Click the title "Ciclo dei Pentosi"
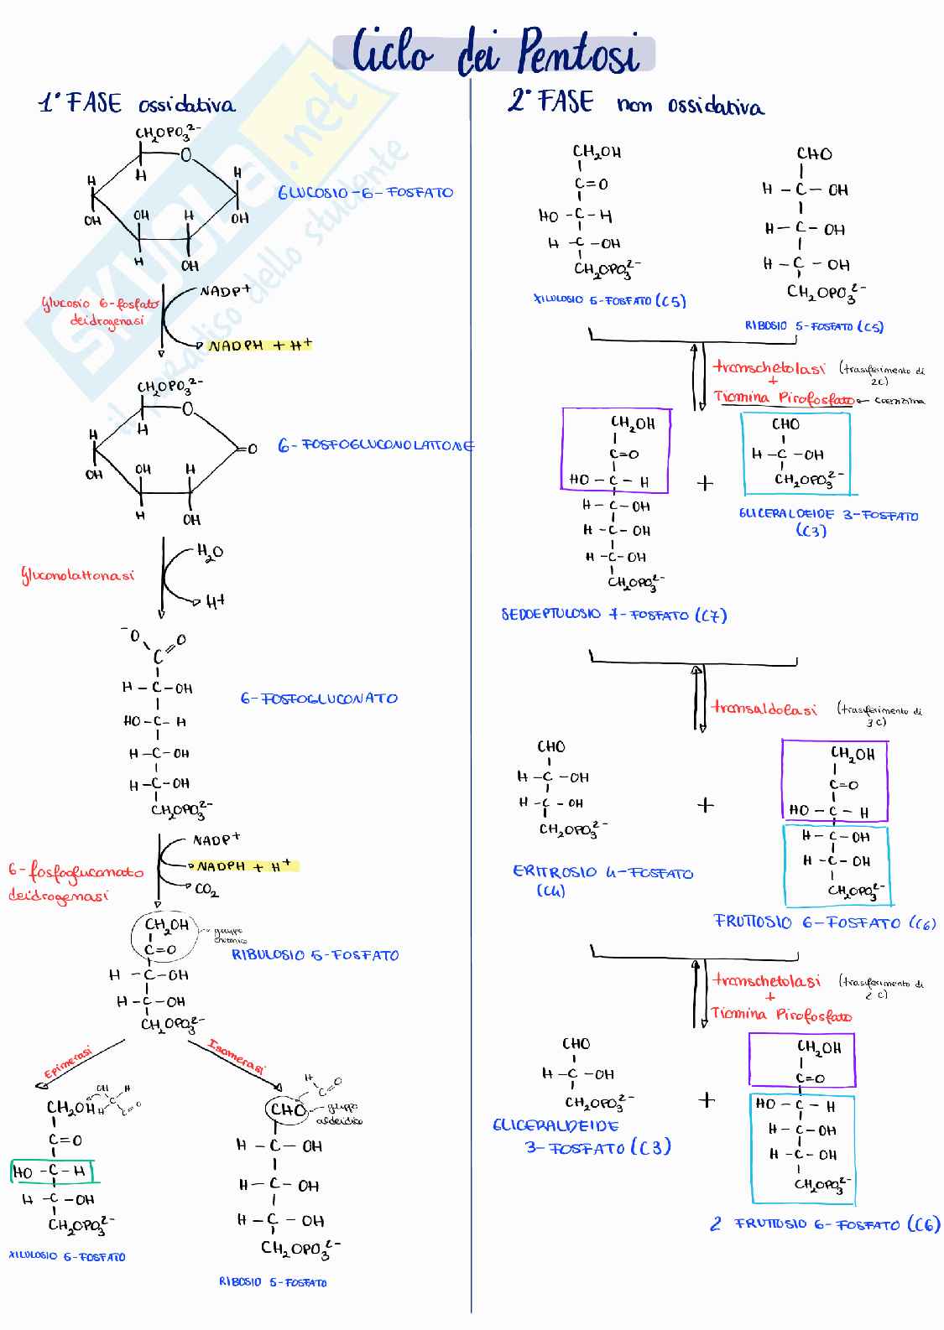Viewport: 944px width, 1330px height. pyautogui.click(x=495, y=54)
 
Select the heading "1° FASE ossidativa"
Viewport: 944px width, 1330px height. pyautogui.click(x=138, y=104)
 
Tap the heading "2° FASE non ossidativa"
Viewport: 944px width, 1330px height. pyautogui.click(x=635, y=104)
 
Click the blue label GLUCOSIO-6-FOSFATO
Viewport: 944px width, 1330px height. pyautogui.click(x=365, y=193)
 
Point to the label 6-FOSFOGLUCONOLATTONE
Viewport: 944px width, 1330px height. pyautogui.click(x=375, y=446)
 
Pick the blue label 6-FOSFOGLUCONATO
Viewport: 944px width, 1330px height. pyautogui.click(x=319, y=699)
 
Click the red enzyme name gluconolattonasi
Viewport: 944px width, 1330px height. pyautogui.click(x=77, y=576)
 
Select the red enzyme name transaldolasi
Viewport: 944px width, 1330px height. pyautogui.click(x=764, y=709)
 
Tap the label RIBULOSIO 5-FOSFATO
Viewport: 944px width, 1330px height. pyautogui.click(x=315, y=955)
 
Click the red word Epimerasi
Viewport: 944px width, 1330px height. pyautogui.click(x=68, y=1062)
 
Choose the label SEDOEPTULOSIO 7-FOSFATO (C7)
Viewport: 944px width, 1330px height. pyautogui.click(x=613, y=616)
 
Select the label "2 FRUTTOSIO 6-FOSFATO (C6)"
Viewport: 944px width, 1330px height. pyautogui.click(x=824, y=1224)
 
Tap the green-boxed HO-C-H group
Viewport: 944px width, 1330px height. pyautogui.click(x=51, y=1172)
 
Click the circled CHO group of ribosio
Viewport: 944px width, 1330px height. pyautogui.click(x=287, y=1109)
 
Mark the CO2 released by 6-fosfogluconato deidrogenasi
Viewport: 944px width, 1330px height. pyautogui.click(x=206, y=890)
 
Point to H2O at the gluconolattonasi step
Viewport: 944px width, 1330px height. pyautogui.click(x=210, y=552)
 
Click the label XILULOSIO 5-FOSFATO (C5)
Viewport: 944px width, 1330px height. pyautogui.click(x=609, y=300)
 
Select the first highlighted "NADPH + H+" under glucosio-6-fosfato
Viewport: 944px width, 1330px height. pyautogui.click(x=259, y=345)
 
